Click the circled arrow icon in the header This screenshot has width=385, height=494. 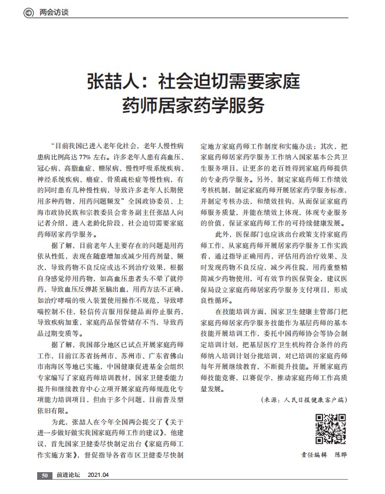[28, 11]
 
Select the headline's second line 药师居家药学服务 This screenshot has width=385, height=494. [193, 105]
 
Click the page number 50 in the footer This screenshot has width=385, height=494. [44, 476]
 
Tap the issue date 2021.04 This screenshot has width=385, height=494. [99, 476]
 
